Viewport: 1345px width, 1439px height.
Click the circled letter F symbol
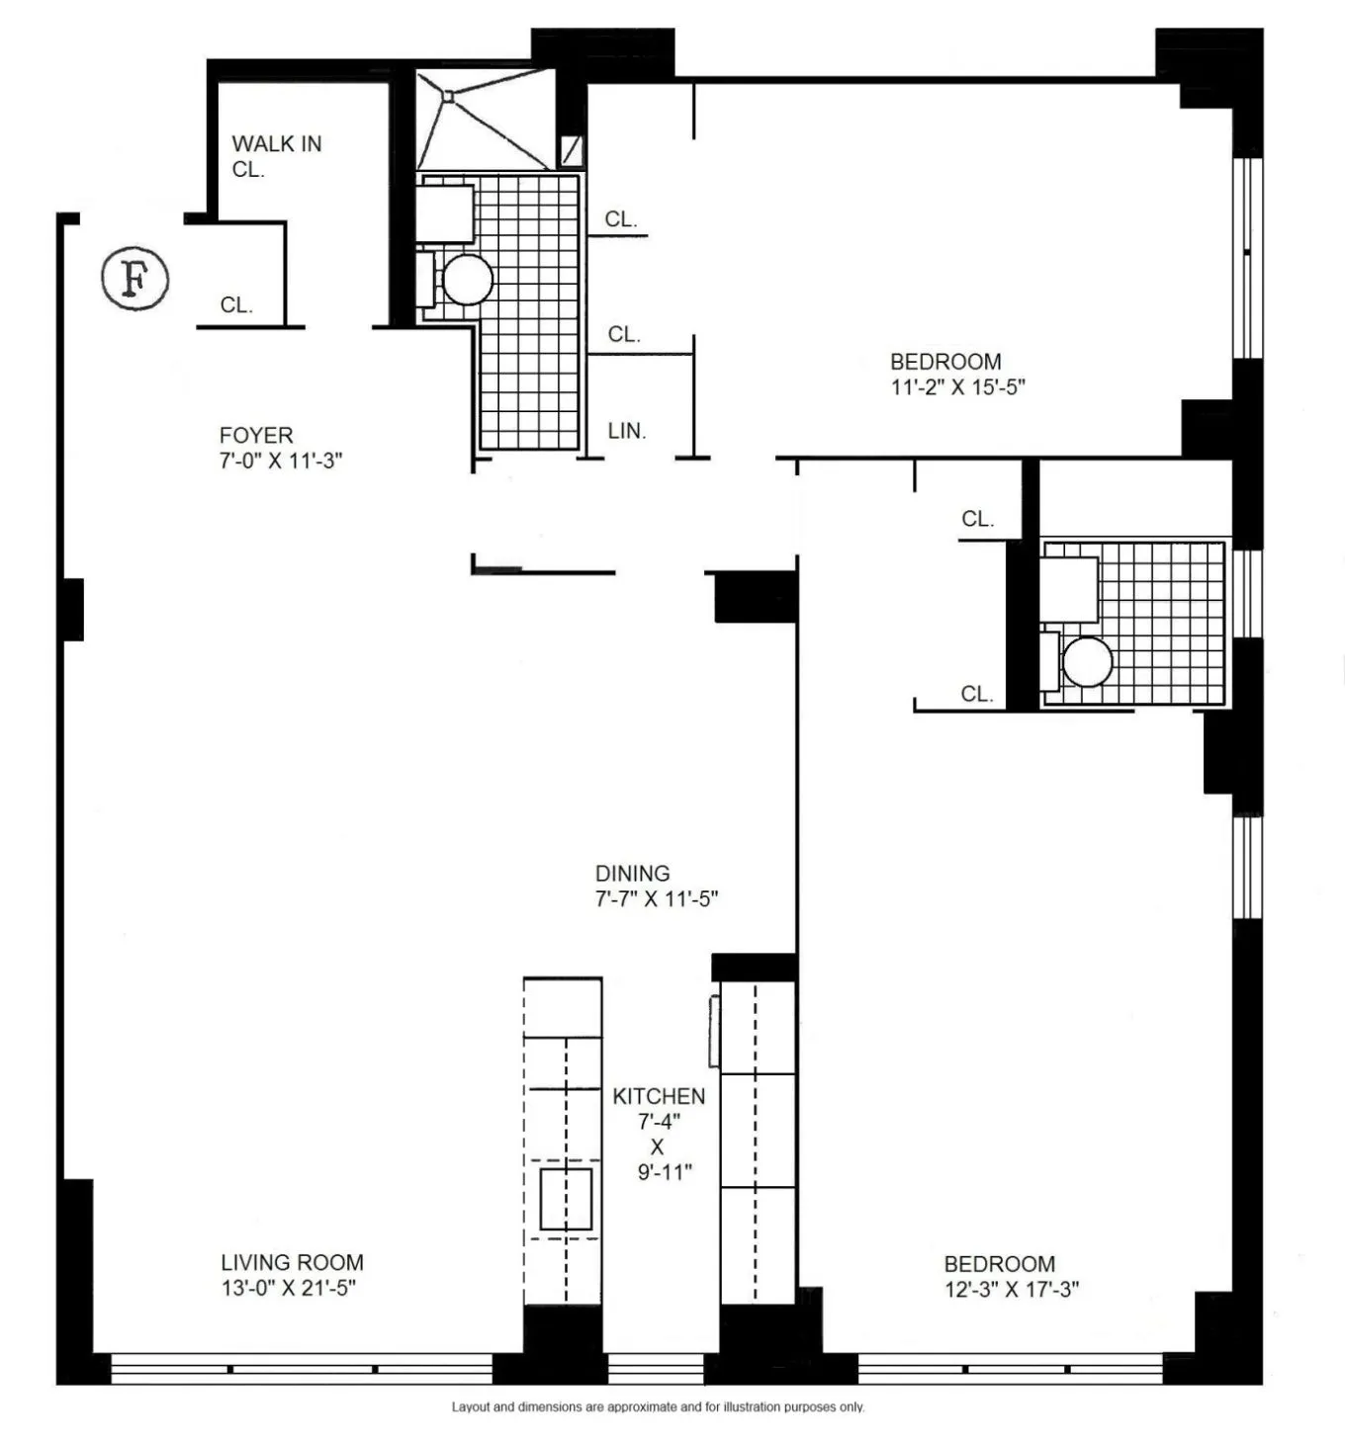[x=135, y=280]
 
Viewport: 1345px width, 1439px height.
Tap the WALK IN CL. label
[x=276, y=156]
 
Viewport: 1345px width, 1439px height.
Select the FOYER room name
[x=256, y=435]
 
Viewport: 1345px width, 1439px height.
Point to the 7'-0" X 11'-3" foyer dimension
[x=281, y=461]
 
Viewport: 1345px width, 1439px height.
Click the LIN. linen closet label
[x=626, y=431]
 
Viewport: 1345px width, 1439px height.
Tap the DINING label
[x=632, y=874]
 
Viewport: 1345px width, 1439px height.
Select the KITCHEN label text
[x=659, y=1096]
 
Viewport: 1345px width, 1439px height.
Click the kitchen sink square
[x=566, y=1199]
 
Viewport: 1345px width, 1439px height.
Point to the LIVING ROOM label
[x=292, y=1262]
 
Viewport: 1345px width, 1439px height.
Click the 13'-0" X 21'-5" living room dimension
[x=288, y=1288]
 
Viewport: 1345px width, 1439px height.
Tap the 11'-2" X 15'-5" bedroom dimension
[x=957, y=387]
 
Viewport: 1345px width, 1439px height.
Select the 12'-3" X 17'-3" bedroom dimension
[x=1012, y=1290]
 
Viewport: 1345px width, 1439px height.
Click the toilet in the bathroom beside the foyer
[x=467, y=280]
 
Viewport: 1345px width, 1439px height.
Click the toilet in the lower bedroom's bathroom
[x=1086, y=661]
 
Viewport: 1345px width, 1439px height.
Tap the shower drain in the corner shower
[x=448, y=96]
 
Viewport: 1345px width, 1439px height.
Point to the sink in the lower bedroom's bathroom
[x=1069, y=589]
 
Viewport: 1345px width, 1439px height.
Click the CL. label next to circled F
[x=236, y=305]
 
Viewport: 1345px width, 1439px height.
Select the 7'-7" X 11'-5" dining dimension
[x=656, y=899]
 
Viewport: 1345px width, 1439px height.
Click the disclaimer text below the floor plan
[x=658, y=1406]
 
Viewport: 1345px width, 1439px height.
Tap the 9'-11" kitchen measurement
[x=664, y=1172]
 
